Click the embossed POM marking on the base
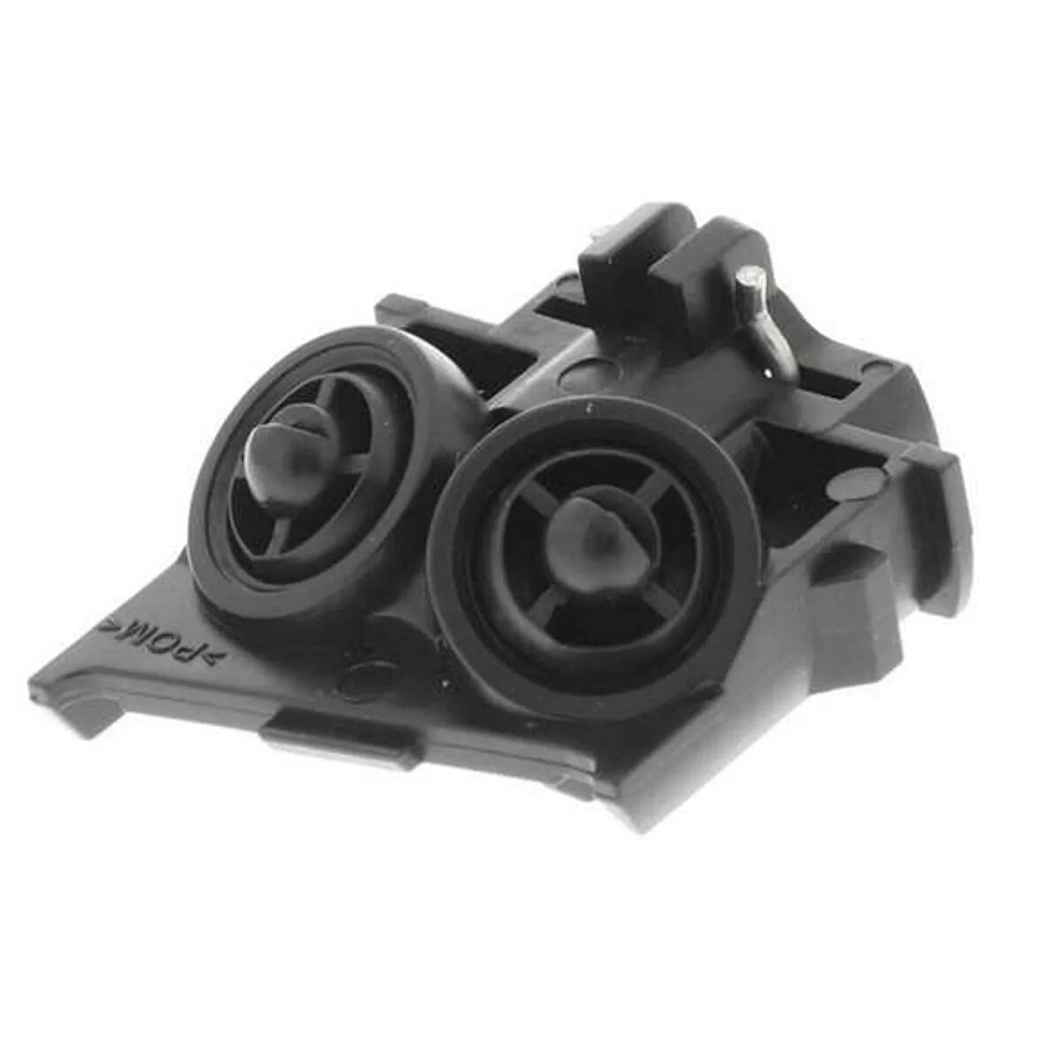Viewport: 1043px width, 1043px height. coord(161,642)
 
